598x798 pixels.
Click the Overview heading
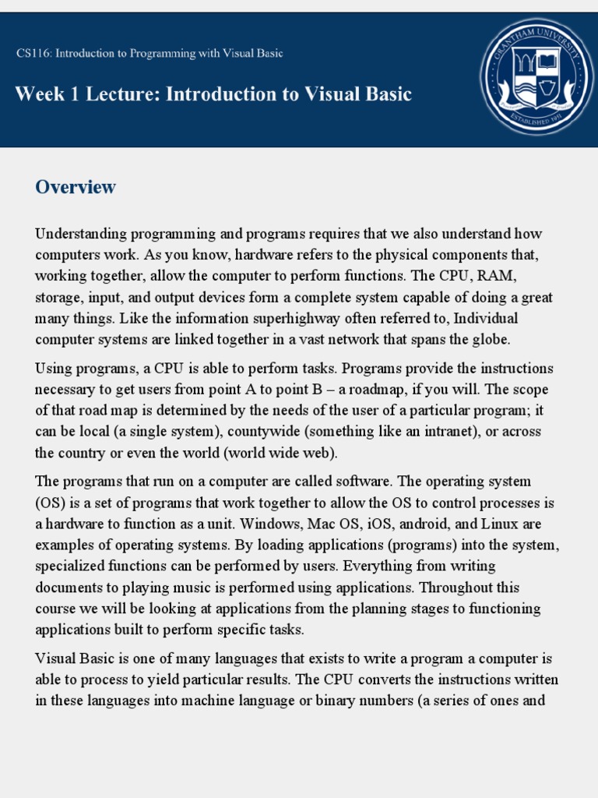coord(76,187)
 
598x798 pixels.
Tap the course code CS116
coord(32,54)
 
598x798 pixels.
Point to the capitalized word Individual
coord(480,318)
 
